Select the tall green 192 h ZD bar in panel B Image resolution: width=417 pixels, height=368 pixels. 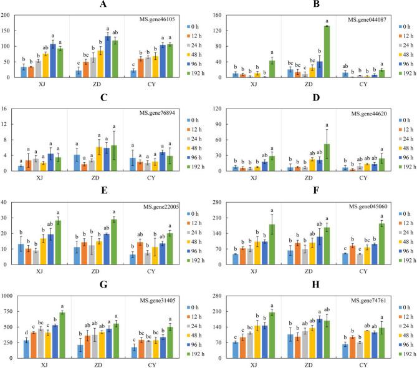327,52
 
